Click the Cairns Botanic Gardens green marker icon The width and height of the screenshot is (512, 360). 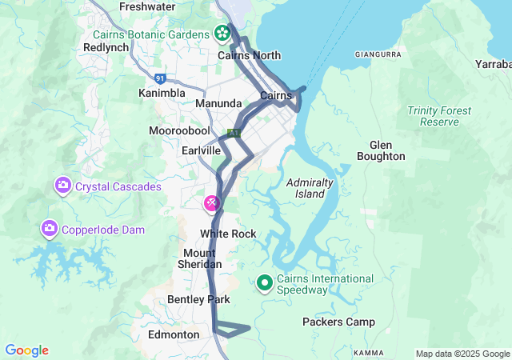pyautogui.click(x=222, y=34)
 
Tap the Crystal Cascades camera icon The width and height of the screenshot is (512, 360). pyautogui.click(x=62, y=186)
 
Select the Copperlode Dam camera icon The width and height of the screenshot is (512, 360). pyautogui.click(x=50, y=230)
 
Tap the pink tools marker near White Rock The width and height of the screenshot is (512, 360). pyautogui.click(x=211, y=203)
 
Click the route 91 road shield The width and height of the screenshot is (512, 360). pyautogui.click(x=161, y=78)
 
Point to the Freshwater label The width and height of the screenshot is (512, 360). pyautogui.click(x=146, y=6)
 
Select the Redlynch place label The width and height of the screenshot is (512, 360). pyautogui.click(x=106, y=48)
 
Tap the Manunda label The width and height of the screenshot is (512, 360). pyautogui.click(x=218, y=104)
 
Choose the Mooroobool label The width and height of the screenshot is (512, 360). pyautogui.click(x=179, y=130)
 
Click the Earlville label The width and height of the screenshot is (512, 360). pyautogui.click(x=201, y=150)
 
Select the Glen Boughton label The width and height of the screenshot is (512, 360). pyautogui.click(x=386, y=150)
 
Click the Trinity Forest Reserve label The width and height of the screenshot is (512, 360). pyautogui.click(x=433, y=116)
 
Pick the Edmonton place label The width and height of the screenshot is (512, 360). pyautogui.click(x=174, y=334)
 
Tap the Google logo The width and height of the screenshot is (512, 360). pyautogui.click(x=26, y=350)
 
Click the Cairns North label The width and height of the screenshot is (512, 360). pyautogui.click(x=250, y=55)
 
